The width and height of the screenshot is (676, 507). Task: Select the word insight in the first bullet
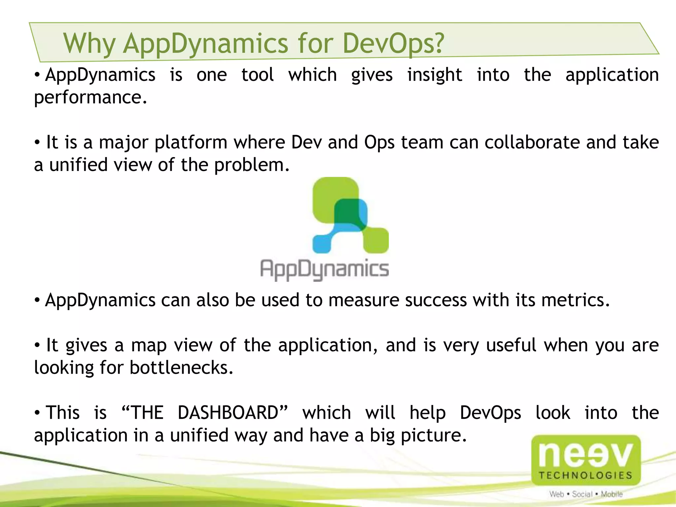pos(434,75)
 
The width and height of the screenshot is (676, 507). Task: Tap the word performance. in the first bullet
pos(90,98)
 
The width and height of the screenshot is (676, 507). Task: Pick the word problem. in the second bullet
pos(252,165)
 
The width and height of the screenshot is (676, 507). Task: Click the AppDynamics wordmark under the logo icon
pos(324,269)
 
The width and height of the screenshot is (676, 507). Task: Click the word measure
pos(364,300)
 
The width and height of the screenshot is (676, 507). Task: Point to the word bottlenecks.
pos(182,368)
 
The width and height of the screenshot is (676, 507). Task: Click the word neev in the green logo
pos(586,455)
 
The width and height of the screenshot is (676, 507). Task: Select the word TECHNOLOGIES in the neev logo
pos(586,475)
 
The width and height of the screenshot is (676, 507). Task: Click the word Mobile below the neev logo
pos(612,494)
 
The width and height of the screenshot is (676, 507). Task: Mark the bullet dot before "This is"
pos(37,413)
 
